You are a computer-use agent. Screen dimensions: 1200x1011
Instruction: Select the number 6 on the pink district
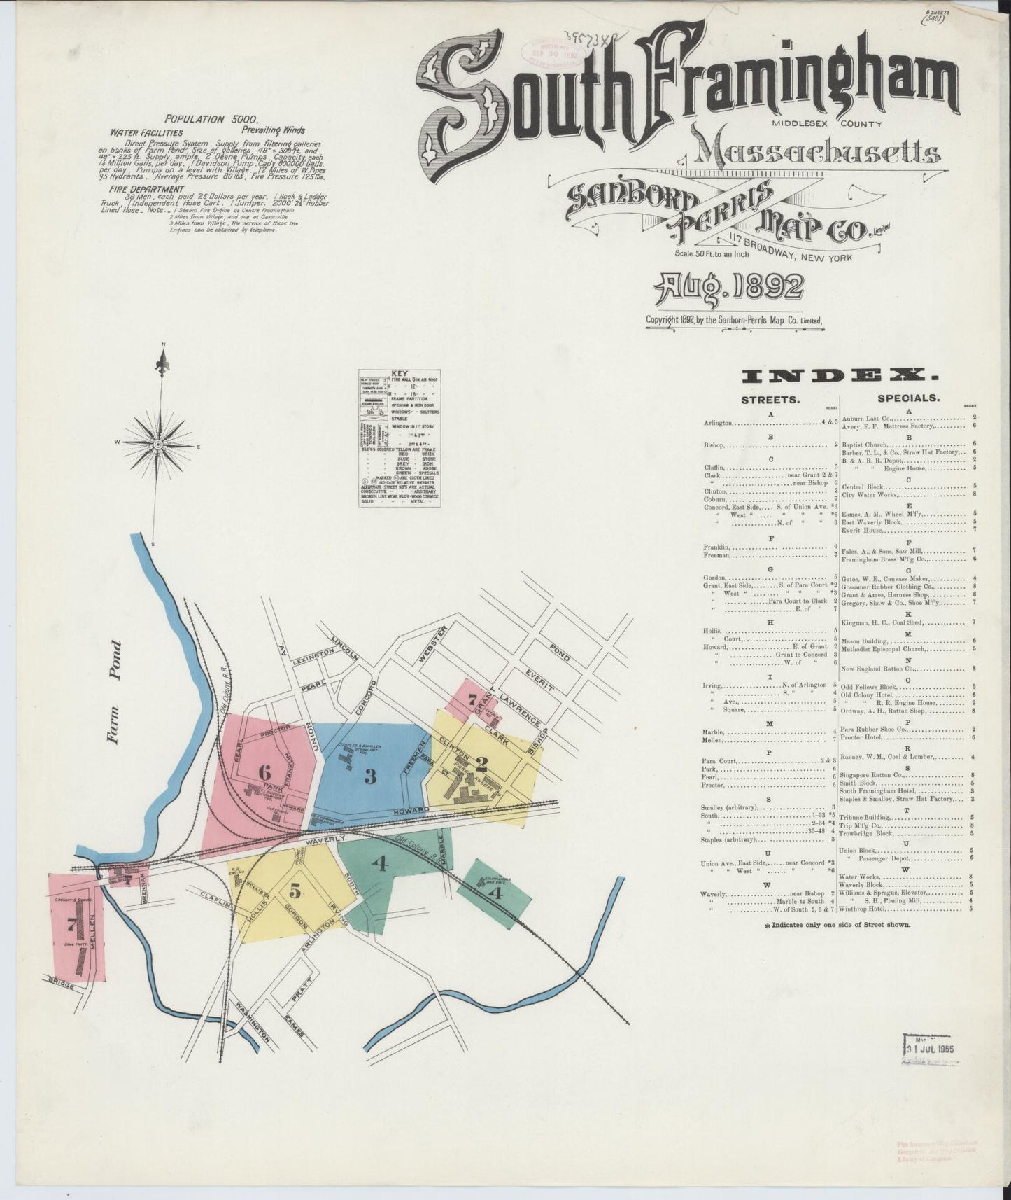(264, 773)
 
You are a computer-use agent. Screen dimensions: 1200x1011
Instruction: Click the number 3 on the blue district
(370, 776)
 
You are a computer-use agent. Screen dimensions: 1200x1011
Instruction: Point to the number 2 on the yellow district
(481, 762)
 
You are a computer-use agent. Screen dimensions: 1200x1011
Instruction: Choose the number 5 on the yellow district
(295, 891)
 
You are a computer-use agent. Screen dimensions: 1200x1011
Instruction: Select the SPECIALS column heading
(907, 398)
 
